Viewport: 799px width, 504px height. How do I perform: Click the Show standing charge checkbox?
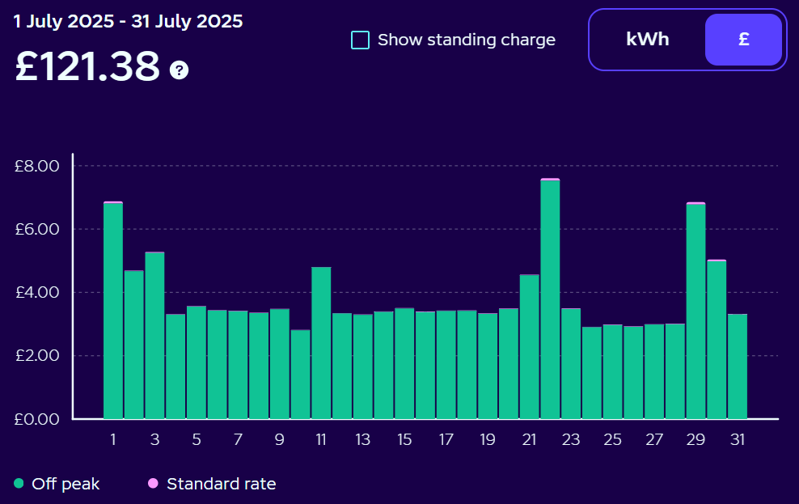pos(361,40)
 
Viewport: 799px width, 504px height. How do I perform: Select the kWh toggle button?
pos(647,40)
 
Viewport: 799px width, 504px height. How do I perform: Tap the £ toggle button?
pos(743,40)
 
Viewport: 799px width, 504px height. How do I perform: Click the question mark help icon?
pos(179,70)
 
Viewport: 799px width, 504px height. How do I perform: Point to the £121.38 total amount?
pos(87,67)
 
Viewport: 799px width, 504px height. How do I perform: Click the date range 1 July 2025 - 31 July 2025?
pos(128,22)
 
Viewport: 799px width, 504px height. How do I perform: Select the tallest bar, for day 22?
pos(550,299)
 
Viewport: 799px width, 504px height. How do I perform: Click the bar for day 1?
pos(113,311)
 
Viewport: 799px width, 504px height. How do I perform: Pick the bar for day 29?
pos(695,311)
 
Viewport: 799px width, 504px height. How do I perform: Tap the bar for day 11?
pos(321,344)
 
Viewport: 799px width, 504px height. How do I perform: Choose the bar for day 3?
pos(154,336)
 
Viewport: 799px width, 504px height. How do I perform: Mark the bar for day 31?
pos(738,366)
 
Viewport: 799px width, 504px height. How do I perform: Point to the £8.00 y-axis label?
pos(37,166)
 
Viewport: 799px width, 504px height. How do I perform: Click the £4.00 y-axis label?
pos(37,292)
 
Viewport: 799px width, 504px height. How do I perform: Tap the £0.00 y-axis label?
pos(37,419)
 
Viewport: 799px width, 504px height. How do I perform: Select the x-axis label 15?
pos(404,440)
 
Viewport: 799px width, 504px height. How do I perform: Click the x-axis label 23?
pos(571,440)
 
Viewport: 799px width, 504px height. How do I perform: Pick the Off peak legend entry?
pos(57,484)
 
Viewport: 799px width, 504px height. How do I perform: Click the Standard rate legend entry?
pos(212,484)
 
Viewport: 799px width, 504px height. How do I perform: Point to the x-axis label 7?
pos(238,440)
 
